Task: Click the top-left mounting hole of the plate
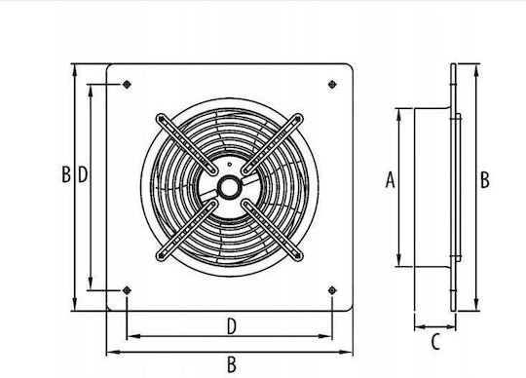click(x=127, y=84)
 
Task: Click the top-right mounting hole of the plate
click(x=332, y=84)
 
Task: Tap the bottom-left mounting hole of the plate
click(x=127, y=290)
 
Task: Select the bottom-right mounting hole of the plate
click(x=332, y=290)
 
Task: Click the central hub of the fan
click(x=230, y=187)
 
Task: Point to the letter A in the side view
click(x=390, y=180)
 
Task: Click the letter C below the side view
click(x=435, y=342)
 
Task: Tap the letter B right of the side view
click(x=485, y=180)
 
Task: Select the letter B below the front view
click(x=232, y=364)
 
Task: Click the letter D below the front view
click(x=232, y=326)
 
